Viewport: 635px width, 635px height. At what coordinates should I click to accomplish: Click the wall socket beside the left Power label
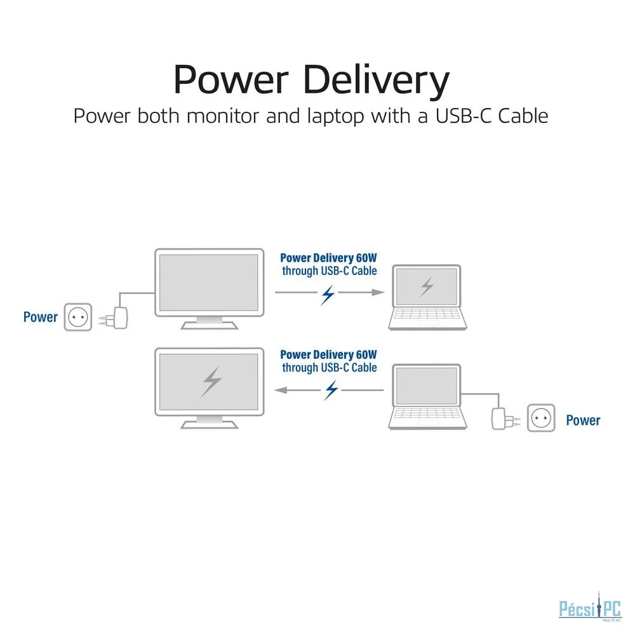[x=78, y=317]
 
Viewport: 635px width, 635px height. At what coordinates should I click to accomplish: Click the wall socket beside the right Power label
[x=541, y=418]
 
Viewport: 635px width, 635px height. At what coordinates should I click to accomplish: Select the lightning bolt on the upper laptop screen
[x=427, y=286]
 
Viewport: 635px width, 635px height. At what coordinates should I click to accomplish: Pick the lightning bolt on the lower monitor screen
[x=211, y=382]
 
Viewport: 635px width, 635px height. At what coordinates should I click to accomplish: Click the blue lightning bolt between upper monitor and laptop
[x=328, y=294]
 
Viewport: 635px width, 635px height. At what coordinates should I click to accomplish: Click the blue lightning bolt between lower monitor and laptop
[x=331, y=390]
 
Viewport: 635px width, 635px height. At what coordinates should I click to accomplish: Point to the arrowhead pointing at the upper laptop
[x=378, y=292]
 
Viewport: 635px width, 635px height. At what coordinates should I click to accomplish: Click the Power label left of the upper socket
[x=40, y=317]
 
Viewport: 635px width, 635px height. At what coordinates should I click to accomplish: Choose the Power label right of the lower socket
[x=583, y=420]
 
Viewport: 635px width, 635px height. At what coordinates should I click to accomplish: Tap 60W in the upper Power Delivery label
[x=366, y=258]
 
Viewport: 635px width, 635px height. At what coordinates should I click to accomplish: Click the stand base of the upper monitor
[x=210, y=324]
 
